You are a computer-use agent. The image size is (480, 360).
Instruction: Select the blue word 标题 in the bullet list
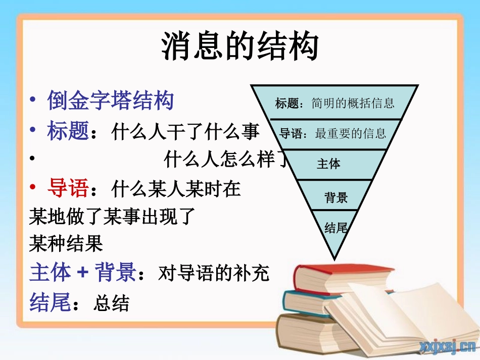(68, 132)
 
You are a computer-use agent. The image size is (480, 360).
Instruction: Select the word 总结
(112, 303)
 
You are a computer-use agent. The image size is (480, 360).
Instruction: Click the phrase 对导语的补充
(214, 273)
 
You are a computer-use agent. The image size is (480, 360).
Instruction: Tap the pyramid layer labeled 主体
(328, 164)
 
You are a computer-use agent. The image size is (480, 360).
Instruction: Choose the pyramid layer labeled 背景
(335, 197)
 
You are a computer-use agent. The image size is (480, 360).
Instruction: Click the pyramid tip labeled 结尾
(336, 228)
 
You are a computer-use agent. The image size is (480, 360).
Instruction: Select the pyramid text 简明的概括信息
(353, 104)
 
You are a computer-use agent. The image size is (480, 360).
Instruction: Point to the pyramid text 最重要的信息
(351, 133)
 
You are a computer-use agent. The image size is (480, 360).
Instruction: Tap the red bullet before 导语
(33, 188)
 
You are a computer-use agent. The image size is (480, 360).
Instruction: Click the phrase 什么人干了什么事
(185, 132)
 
